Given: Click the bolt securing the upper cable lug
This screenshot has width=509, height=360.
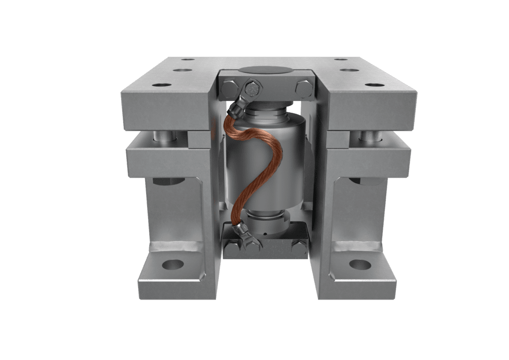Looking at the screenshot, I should [253, 90].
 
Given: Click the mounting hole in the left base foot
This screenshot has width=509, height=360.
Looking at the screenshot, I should [172, 265].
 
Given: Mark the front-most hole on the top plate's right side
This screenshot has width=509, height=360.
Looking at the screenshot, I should [371, 85].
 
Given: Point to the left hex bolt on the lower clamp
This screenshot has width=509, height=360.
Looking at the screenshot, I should [230, 247].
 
